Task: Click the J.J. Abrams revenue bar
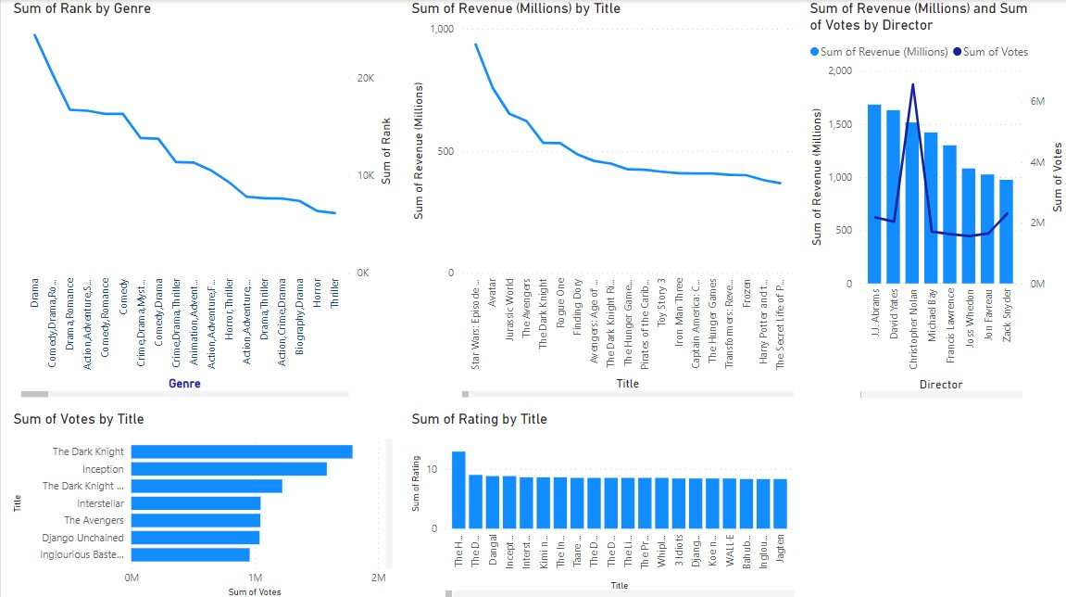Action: click(873, 194)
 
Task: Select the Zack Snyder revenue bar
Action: click(1006, 232)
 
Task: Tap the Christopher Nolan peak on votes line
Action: click(913, 84)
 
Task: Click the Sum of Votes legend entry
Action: click(995, 52)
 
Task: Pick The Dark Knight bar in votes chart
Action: click(242, 451)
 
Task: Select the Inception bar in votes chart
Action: click(229, 469)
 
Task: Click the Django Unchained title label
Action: click(82, 538)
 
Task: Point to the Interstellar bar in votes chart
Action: click(195, 503)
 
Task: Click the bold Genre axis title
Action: click(182, 383)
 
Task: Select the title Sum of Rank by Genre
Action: click(82, 8)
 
